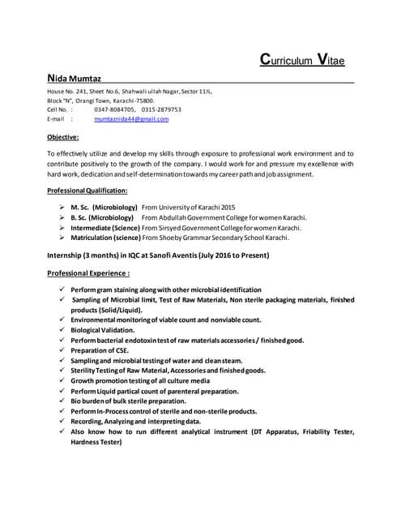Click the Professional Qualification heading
click(x=87, y=190)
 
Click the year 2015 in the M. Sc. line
click(x=228, y=208)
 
